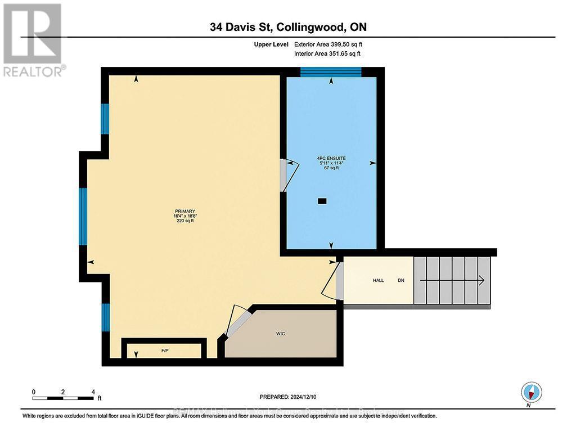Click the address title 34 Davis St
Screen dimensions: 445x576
(x=287, y=27)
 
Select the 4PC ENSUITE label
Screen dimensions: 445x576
(x=330, y=159)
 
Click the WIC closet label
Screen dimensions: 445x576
(x=281, y=334)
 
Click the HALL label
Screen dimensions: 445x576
(x=378, y=280)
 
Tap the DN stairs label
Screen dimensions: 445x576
(x=401, y=280)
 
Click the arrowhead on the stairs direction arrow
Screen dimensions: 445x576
(x=481, y=280)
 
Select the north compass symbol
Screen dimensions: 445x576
(x=531, y=391)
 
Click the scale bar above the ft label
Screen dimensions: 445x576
(x=64, y=398)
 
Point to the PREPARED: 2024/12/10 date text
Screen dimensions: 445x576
(x=287, y=396)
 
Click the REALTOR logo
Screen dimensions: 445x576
(x=33, y=40)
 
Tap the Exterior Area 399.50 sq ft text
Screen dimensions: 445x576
(x=332, y=44)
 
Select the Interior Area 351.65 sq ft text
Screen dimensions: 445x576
(x=327, y=53)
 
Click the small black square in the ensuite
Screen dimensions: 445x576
(x=322, y=200)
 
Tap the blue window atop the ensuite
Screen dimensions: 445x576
(x=331, y=71)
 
